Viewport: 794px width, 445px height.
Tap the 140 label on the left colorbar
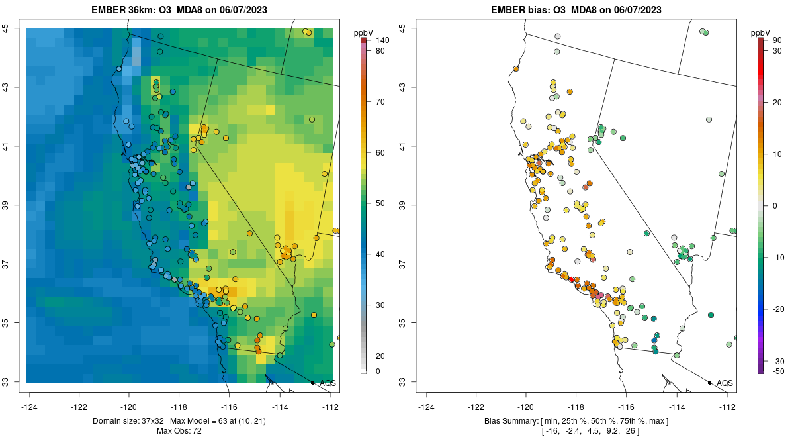382,40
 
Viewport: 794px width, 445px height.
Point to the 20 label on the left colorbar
379,356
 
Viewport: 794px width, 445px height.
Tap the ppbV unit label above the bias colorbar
761,32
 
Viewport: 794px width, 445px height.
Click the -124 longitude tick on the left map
30,407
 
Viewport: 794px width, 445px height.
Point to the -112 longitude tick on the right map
728,407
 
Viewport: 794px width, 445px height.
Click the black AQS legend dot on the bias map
709,383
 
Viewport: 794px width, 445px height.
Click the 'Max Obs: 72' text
179,431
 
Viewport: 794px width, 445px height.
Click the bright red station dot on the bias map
572,279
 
